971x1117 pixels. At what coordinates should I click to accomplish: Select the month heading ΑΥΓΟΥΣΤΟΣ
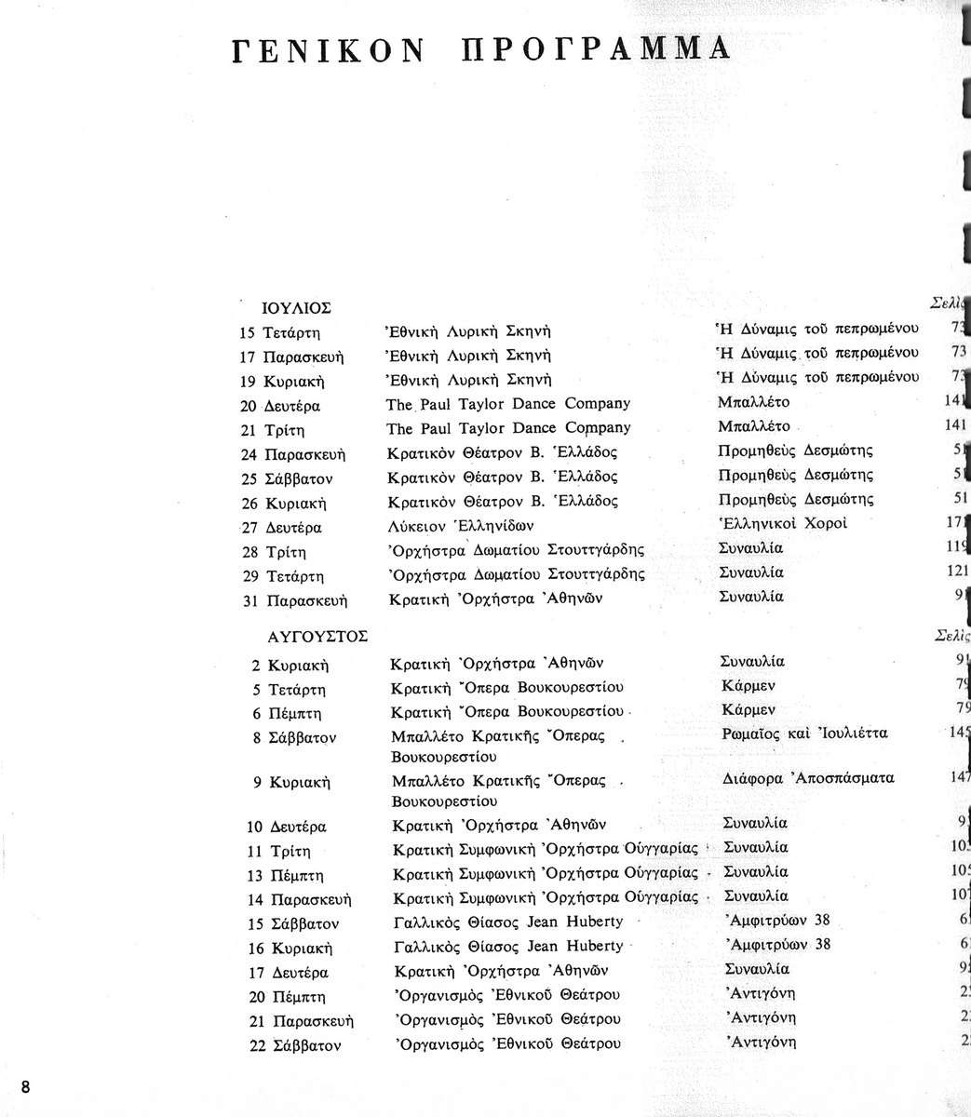[317, 637]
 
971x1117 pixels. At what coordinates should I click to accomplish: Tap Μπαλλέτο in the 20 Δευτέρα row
[754, 402]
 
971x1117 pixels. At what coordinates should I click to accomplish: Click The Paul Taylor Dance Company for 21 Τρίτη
[507, 428]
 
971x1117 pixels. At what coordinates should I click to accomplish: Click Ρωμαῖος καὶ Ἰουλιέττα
[804, 733]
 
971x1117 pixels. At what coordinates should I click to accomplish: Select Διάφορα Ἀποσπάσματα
[807, 778]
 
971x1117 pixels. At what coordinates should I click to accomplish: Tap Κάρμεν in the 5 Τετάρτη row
[748, 685]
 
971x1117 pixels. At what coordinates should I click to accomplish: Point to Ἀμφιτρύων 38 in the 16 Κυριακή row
[776, 945]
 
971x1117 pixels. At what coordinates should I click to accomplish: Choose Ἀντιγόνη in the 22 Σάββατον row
[760, 1042]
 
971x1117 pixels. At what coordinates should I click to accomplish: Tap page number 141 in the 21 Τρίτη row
[956, 425]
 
